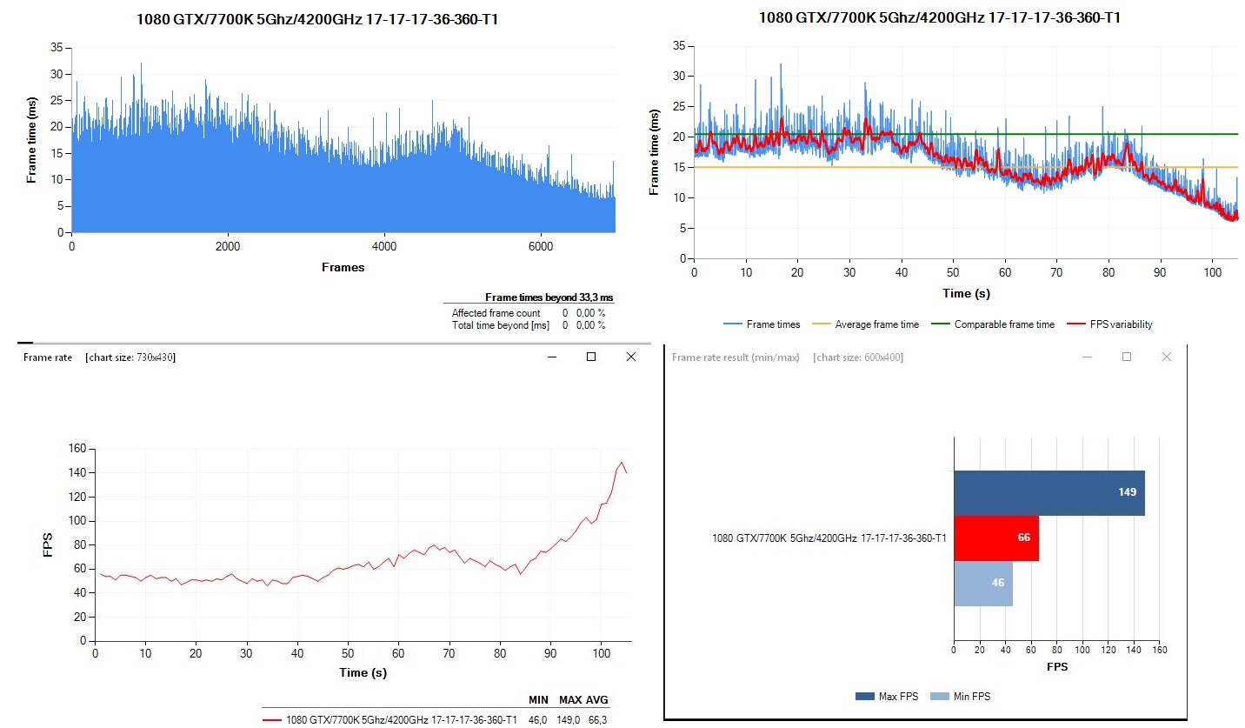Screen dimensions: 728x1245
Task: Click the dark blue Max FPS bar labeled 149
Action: [1049, 493]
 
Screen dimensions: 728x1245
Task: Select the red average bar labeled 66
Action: [995, 538]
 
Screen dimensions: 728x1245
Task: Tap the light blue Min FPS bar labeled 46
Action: [982, 583]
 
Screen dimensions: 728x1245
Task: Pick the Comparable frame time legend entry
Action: [1003, 324]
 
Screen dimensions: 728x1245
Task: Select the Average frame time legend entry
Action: [875, 324]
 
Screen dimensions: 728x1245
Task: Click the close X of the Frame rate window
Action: [631, 357]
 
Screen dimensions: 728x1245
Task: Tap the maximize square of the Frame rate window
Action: [591, 357]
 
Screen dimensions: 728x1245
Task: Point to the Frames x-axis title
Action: [343, 268]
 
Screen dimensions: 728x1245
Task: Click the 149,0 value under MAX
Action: [570, 720]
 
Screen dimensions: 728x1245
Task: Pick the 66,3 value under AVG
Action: [596, 720]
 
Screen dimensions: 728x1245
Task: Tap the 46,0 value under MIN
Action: [539, 720]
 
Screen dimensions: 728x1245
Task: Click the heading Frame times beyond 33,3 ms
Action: [549, 298]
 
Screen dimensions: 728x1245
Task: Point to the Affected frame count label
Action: [496, 313]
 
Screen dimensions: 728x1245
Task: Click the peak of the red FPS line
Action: [622, 463]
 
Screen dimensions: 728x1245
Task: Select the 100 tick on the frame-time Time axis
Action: [1211, 272]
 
